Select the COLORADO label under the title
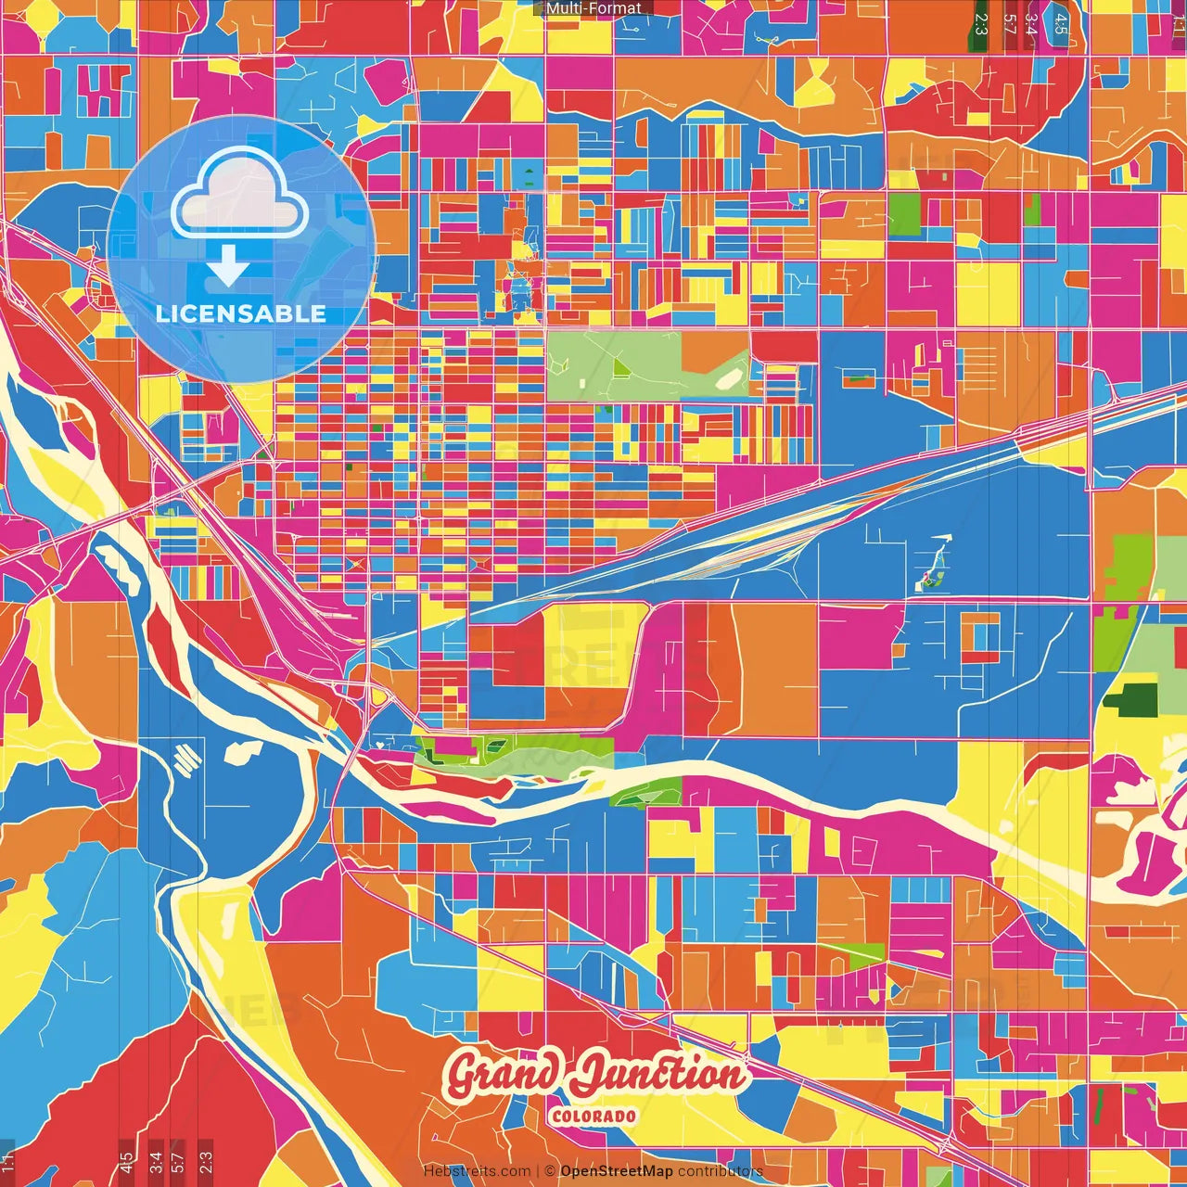[x=593, y=1116]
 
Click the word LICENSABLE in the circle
[x=241, y=313]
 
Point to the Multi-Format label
[x=593, y=8]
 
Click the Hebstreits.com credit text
[x=477, y=1171]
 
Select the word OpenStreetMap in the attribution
[x=617, y=1171]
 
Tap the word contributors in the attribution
[x=721, y=1171]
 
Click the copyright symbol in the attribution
[x=549, y=1171]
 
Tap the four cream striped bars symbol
[x=188, y=759]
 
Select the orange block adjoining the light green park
[x=715, y=353]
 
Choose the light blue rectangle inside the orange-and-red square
[x=980, y=636]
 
